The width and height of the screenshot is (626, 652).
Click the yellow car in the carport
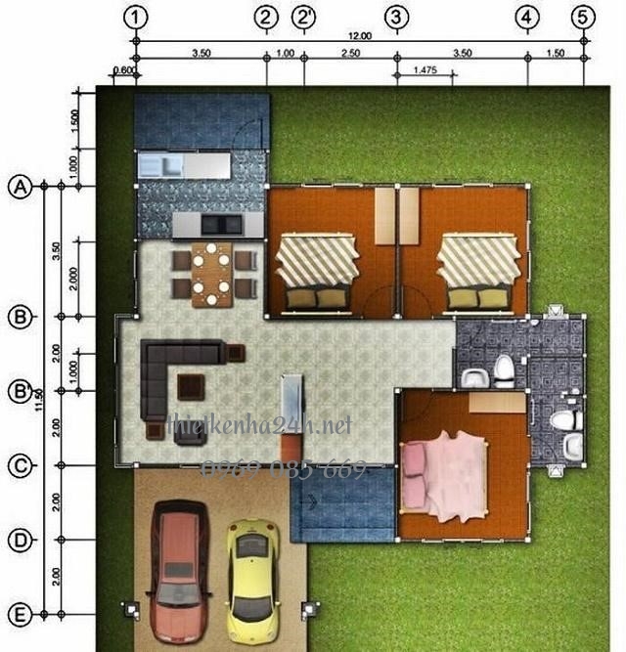tap(252, 578)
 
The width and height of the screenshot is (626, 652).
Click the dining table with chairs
tap(212, 274)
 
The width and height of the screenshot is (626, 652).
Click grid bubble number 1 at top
tap(136, 17)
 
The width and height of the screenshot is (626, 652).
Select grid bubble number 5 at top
tap(584, 17)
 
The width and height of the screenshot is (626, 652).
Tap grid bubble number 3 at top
tap(396, 17)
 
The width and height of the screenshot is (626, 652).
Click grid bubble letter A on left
tap(20, 187)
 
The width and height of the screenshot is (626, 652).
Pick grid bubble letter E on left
tap(20, 615)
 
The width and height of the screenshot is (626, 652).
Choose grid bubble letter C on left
tap(20, 465)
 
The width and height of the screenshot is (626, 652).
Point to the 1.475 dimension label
tap(425, 70)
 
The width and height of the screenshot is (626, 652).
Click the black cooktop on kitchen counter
tap(221, 225)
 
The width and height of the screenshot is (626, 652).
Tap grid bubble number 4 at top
tap(527, 17)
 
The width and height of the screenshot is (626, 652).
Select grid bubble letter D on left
tap(20, 540)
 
